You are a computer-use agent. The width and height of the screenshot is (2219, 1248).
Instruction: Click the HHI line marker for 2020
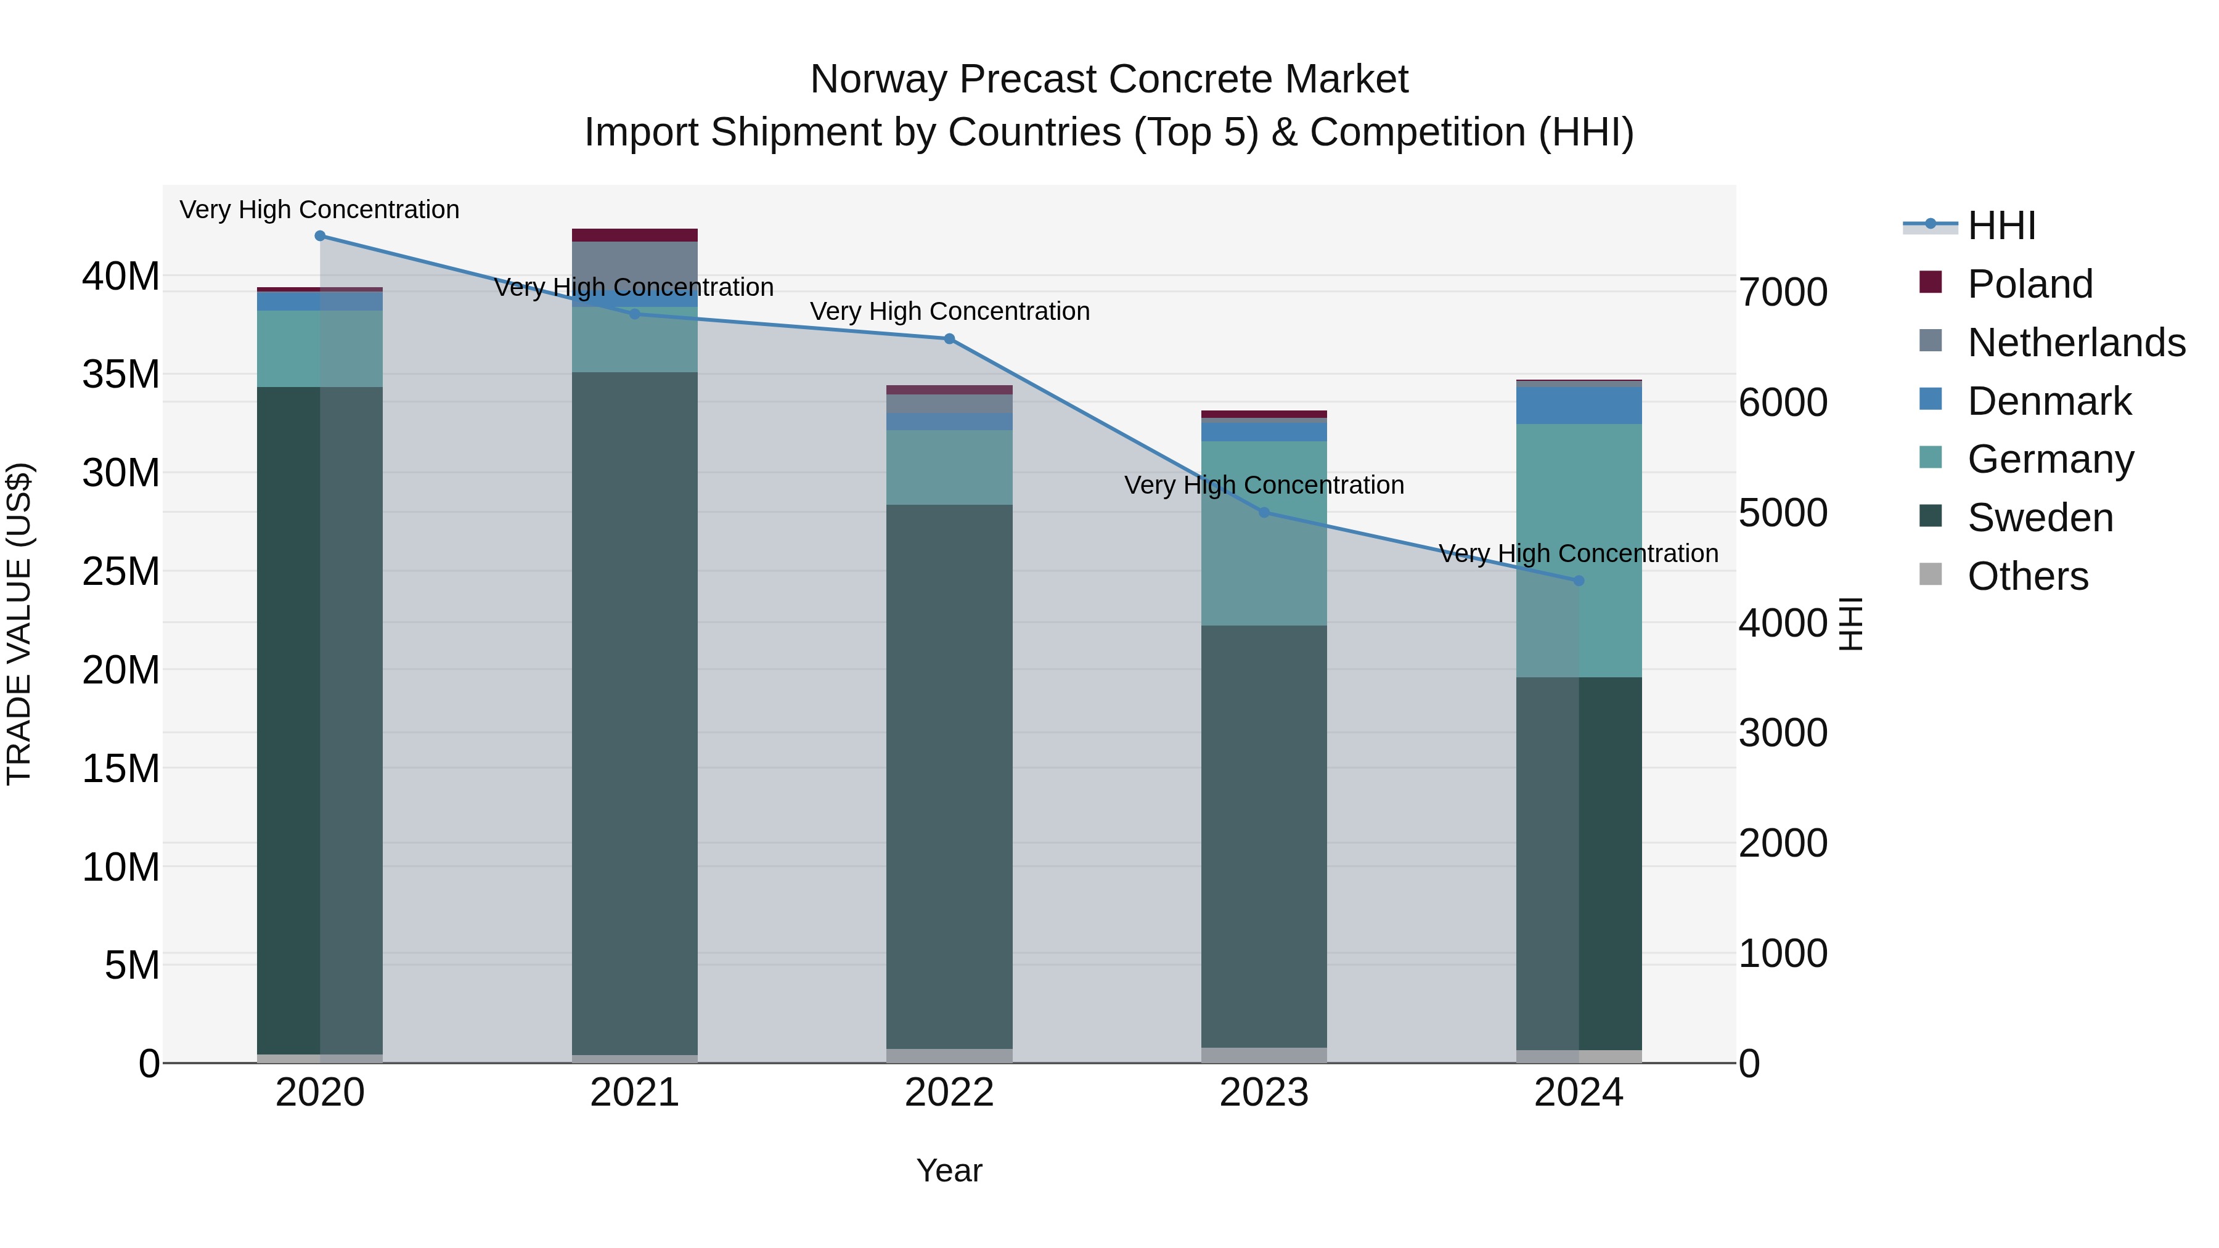click(x=319, y=236)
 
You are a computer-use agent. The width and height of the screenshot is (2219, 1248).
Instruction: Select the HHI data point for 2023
click(x=1264, y=513)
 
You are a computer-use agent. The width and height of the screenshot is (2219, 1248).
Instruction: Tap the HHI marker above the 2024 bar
click(x=1578, y=581)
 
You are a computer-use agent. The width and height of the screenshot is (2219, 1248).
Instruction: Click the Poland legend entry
click(x=2030, y=284)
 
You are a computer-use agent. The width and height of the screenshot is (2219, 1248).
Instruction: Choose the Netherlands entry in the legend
click(x=2076, y=343)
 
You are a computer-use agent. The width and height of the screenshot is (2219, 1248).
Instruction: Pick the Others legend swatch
click(x=1931, y=574)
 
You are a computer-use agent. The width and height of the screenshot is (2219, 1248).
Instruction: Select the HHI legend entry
click(x=2001, y=226)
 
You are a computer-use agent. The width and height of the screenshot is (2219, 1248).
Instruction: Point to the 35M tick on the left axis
click(x=121, y=375)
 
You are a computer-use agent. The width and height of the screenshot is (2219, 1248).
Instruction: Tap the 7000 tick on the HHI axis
click(x=1782, y=292)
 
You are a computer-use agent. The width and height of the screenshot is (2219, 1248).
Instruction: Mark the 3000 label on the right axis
click(x=1782, y=733)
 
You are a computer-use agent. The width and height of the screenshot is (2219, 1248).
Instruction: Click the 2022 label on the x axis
click(x=949, y=1093)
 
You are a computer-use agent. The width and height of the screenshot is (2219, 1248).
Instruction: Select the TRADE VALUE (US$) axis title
click(x=19, y=624)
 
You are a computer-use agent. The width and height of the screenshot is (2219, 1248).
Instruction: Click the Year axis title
click(x=949, y=1170)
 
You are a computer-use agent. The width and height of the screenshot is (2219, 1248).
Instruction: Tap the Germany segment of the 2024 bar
click(x=1578, y=551)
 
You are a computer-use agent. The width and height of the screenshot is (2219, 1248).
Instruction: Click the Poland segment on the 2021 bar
click(x=634, y=235)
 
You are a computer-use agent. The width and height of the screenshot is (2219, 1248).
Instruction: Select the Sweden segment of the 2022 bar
click(x=949, y=775)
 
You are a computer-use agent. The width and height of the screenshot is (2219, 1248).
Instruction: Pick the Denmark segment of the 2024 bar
click(x=1578, y=405)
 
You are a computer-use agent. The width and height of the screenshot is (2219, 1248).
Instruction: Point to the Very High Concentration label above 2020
click(x=319, y=210)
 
